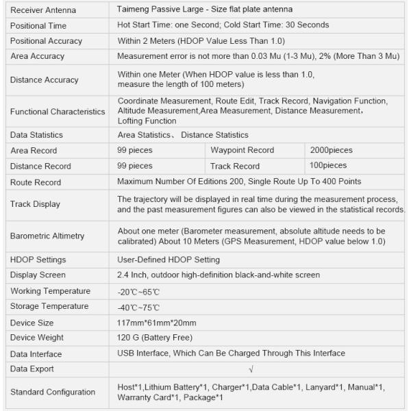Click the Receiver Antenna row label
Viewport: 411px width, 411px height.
click(43, 10)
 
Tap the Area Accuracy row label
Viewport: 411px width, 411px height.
click(37, 56)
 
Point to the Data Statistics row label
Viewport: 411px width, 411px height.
click(36, 135)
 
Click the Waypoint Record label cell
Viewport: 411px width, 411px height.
click(242, 150)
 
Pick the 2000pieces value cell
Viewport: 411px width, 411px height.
click(331, 150)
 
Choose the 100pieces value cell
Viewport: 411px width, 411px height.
click(328, 166)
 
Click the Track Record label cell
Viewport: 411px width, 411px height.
click(234, 166)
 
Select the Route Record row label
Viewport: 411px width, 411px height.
click(36, 182)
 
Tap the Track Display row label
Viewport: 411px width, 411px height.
click(35, 203)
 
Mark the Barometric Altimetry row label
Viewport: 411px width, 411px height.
click(47, 236)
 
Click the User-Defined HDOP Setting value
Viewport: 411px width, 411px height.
click(169, 260)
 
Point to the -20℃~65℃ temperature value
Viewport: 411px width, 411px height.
click(140, 291)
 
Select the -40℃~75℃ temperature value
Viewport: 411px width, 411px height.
click(140, 307)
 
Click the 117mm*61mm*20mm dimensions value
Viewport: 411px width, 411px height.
click(157, 323)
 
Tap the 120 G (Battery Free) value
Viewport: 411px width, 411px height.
click(155, 338)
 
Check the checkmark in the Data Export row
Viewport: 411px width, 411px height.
click(252, 369)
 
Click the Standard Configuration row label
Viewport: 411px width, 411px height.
click(53, 392)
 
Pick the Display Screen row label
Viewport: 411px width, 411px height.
click(38, 275)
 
